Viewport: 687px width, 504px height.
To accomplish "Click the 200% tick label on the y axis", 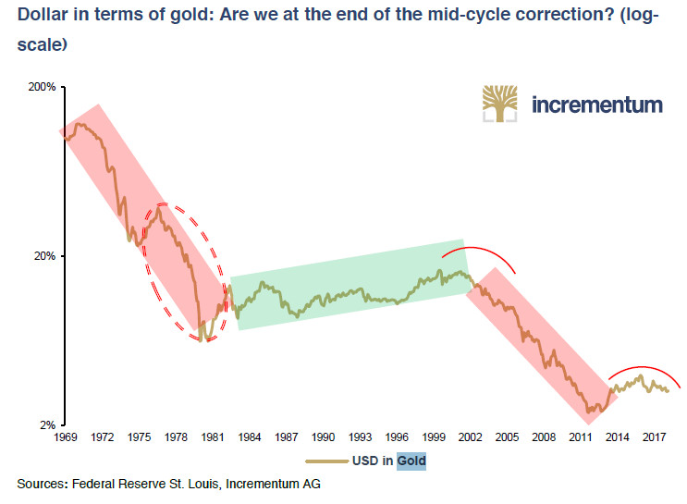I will pos(43,87).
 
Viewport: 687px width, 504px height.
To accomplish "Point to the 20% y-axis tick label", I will pos(46,256).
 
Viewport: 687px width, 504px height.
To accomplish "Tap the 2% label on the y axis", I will pos(49,425).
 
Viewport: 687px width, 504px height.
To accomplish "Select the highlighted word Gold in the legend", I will pos(412,459).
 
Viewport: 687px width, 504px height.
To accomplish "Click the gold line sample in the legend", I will pos(328,460).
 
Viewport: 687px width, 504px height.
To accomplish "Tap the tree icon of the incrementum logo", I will pos(501,104).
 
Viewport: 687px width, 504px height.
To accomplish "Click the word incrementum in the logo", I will pos(597,104).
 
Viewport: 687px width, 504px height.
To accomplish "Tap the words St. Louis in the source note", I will pos(212,484).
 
